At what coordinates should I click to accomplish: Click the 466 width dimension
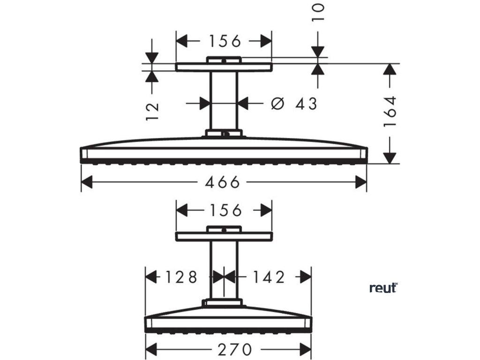tap(224, 182)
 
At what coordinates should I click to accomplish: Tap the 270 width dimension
tap(228, 349)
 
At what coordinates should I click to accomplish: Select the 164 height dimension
tap(390, 111)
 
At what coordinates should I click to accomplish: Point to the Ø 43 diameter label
tap(294, 103)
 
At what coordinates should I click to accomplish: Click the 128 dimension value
tap(180, 277)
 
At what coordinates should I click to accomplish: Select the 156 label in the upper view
tap(224, 41)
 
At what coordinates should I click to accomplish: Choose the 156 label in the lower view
tap(224, 210)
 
